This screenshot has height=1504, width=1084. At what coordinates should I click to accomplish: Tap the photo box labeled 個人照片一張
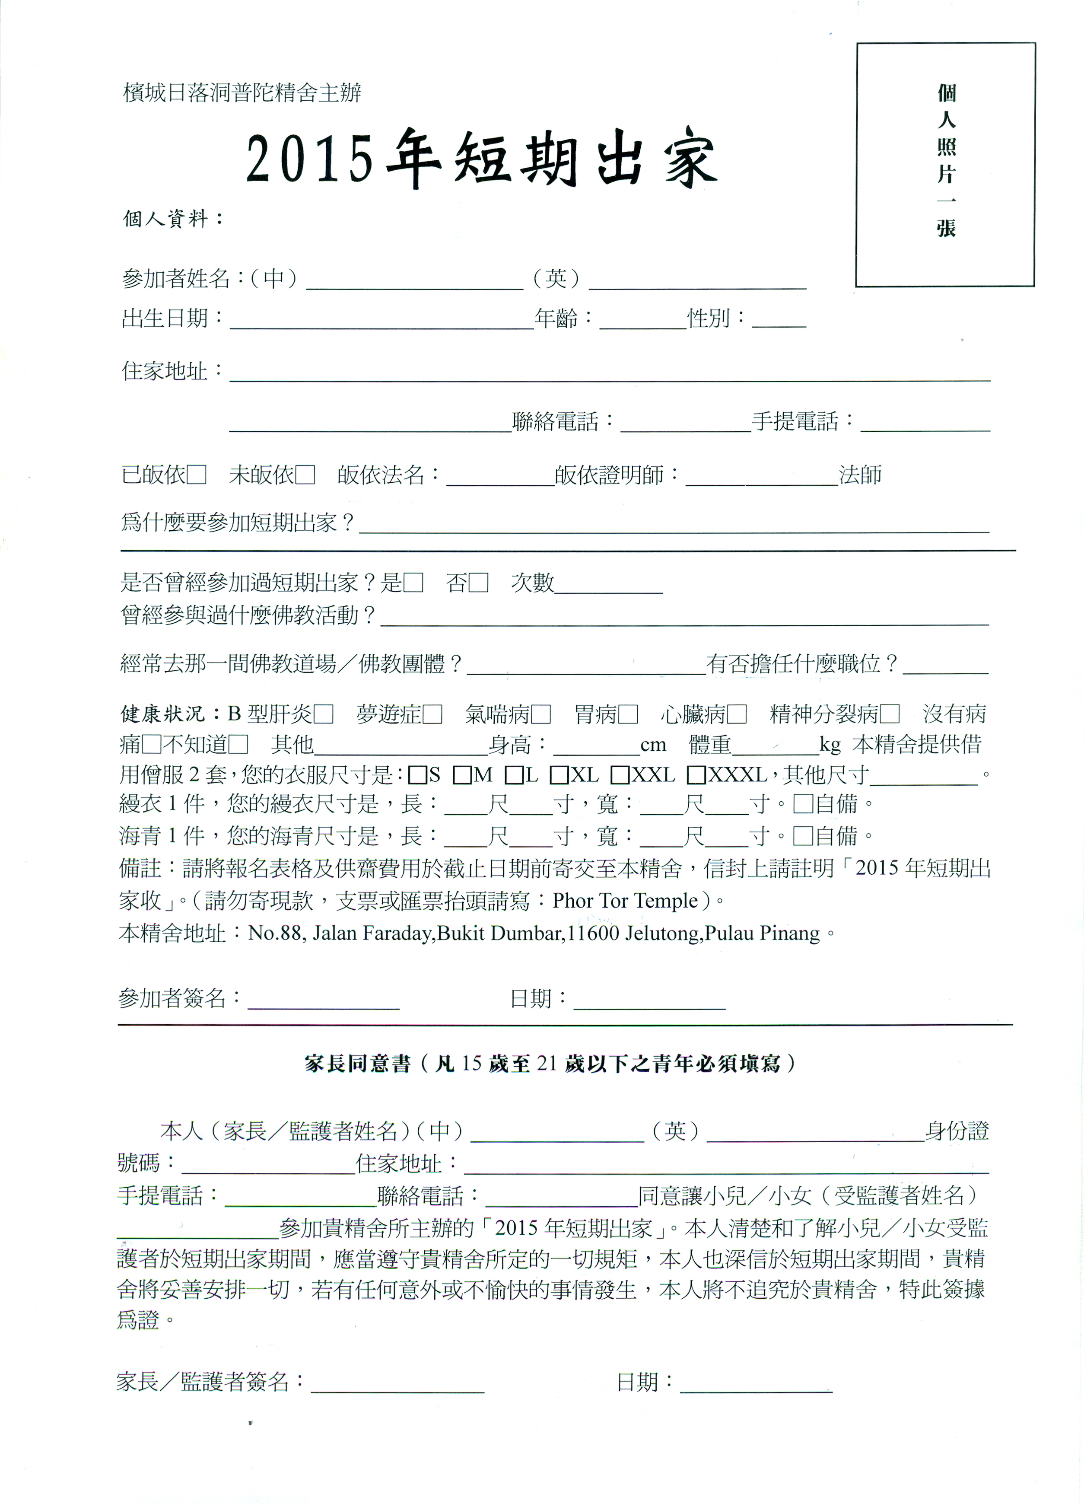(x=945, y=165)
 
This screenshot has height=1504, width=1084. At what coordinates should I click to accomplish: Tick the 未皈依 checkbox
(x=305, y=475)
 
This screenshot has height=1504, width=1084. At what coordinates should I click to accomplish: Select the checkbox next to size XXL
(x=620, y=774)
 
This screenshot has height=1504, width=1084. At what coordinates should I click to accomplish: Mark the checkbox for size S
(x=418, y=774)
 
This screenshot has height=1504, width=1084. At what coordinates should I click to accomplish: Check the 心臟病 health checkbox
(x=737, y=714)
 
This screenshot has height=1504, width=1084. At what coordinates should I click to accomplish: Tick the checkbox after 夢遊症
(x=432, y=714)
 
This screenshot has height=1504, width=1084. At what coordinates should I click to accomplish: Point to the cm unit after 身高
(x=653, y=745)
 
